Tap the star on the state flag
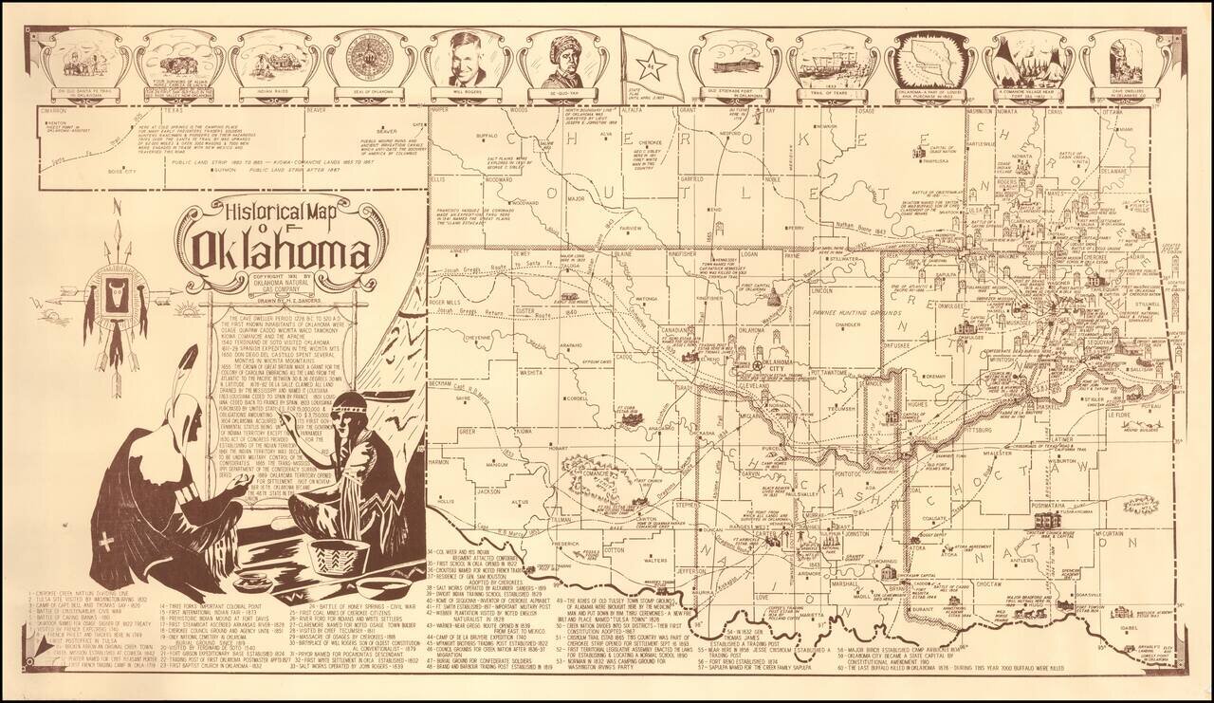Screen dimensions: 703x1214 (651, 65)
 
